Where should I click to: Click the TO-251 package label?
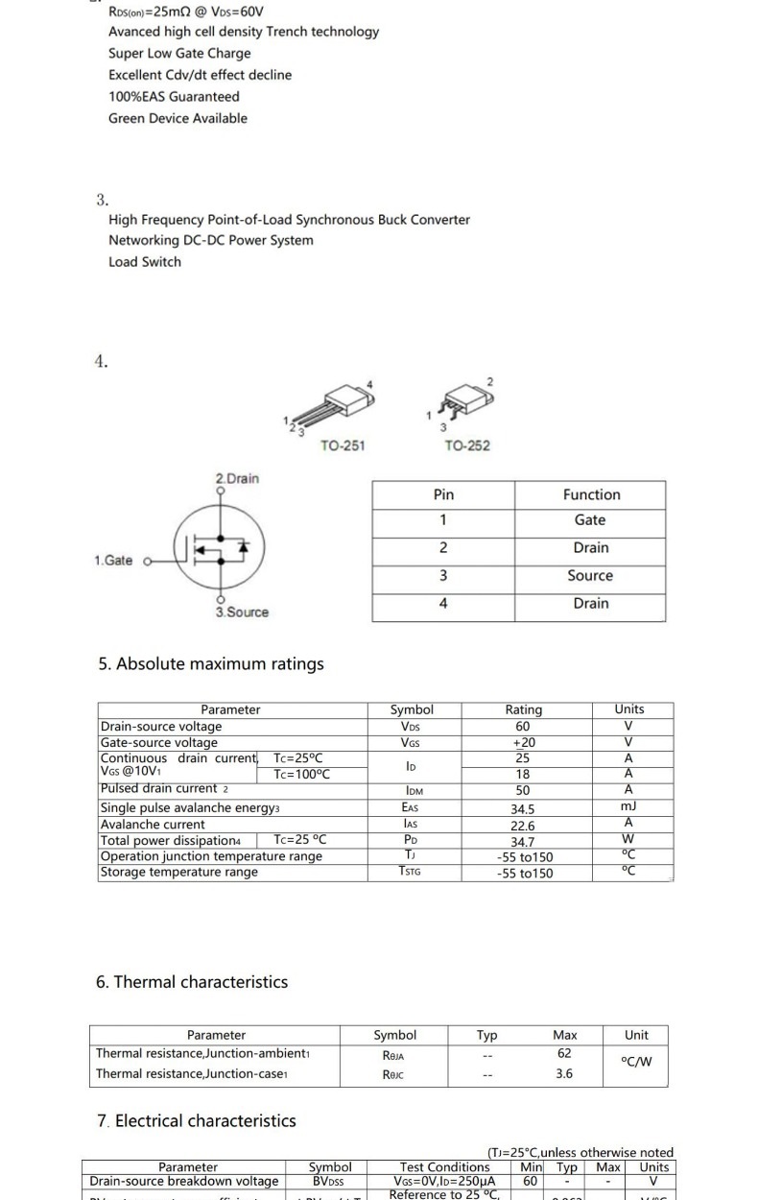pos(343,445)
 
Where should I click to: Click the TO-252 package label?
pos(467,445)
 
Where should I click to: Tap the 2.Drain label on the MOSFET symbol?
pos(237,478)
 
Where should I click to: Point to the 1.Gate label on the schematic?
pos(114,561)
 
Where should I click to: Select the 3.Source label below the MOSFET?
pos(242,612)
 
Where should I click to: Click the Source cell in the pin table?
pos(590,575)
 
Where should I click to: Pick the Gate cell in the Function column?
pos(590,519)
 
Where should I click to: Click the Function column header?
pos(591,494)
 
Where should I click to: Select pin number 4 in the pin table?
pos(443,603)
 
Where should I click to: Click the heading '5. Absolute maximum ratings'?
pos(211,663)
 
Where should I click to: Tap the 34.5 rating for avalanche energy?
pos(523,809)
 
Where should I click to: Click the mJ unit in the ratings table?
pos(628,806)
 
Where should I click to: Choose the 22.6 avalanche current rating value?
pos(523,826)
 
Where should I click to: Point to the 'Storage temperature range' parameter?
pos(179,872)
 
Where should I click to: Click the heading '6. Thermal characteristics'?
pos(192,981)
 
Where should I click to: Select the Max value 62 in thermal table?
pos(564,1053)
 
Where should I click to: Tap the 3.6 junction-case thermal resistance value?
pos(564,1074)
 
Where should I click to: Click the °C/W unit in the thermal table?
pos(636,1061)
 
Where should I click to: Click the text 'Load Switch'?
pos(145,261)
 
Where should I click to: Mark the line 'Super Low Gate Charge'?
pos(179,53)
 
